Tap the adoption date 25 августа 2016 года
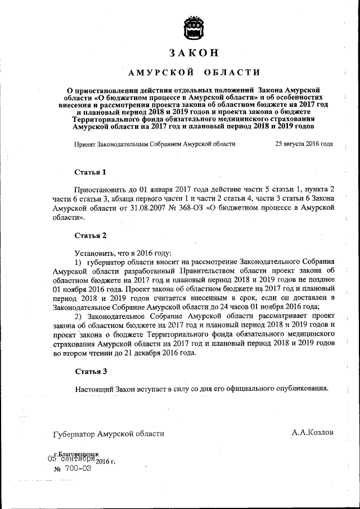pyautogui.click(x=304, y=144)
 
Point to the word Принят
pyautogui.click(x=86, y=144)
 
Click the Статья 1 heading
pyautogui.click(x=90, y=172)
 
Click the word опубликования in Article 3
pyautogui.click(x=299, y=389)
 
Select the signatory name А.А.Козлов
pyautogui.click(x=312, y=433)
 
